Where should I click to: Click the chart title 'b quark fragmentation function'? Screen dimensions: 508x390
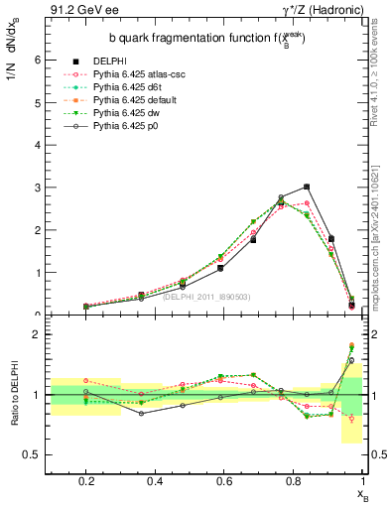pos(205,39)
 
